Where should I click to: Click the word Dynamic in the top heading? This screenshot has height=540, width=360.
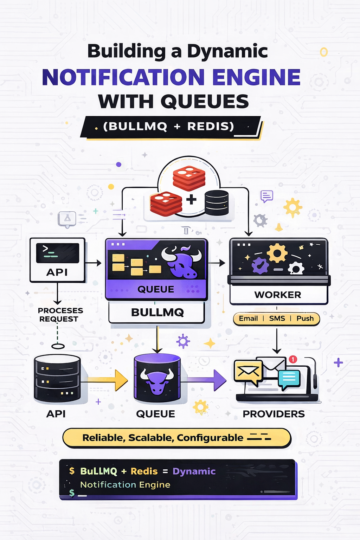click(227, 51)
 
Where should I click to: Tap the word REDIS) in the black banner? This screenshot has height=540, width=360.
click(210, 126)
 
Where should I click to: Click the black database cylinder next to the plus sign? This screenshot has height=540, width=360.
click(217, 203)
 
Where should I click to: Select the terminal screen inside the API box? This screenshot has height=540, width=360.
click(58, 253)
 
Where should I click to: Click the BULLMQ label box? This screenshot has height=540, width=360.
click(157, 313)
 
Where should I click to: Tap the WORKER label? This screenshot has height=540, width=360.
click(278, 295)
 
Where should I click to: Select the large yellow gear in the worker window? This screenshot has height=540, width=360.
click(277, 252)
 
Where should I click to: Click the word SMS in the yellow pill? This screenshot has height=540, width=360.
click(277, 319)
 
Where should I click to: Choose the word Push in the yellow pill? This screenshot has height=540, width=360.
click(305, 319)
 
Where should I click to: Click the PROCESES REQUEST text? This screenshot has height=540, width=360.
click(60, 315)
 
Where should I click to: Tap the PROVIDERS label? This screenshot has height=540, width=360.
click(274, 414)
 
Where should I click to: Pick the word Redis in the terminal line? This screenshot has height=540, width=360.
click(144, 471)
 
